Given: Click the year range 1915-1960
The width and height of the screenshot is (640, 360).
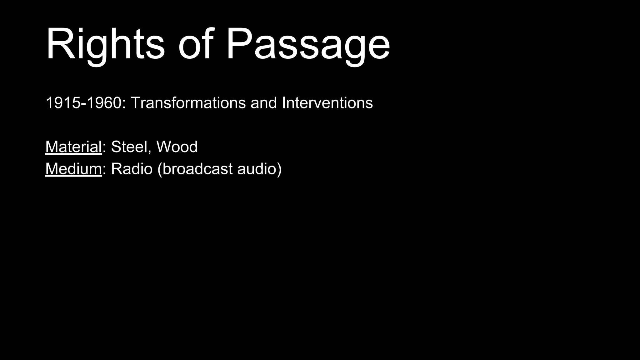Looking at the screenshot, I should pos(83,103).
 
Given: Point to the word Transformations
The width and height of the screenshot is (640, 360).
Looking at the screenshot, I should pos(188,103).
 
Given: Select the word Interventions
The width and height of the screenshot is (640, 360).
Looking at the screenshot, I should pos(327,103).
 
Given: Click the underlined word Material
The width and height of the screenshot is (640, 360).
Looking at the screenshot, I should pos(73,147).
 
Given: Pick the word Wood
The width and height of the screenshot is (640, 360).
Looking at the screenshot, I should pos(177,147).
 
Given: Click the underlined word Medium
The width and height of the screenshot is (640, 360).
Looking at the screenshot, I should pos(73,169).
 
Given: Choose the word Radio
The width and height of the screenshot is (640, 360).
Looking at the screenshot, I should pos(132,169).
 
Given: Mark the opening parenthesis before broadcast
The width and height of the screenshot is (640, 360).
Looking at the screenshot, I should pos(160,169).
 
